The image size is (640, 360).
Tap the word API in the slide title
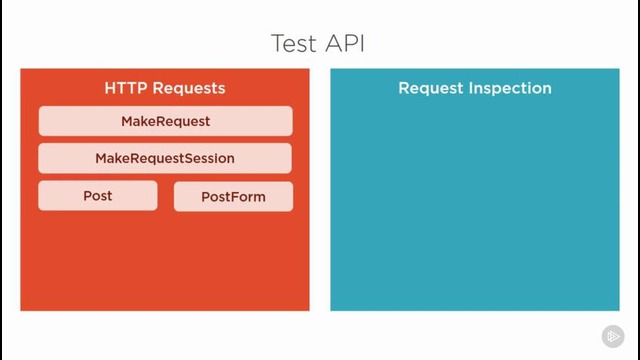click(x=346, y=44)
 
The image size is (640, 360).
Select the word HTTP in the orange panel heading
click(x=125, y=88)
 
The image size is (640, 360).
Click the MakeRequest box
click(x=165, y=121)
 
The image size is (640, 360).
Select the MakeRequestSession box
click(x=165, y=158)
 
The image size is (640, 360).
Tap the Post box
click(x=98, y=196)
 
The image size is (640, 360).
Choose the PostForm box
click(x=233, y=197)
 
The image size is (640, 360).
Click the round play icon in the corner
click(x=612, y=337)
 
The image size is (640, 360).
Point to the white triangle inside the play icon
click(x=613, y=337)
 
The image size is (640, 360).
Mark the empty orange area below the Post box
click(x=98, y=260)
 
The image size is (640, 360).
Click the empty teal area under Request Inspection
click(x=475, y=210)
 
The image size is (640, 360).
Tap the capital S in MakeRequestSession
click(x=185, y=158)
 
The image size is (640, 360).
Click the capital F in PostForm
click(x=231, y=197)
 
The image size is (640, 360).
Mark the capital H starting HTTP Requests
click(x=110, y=88)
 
